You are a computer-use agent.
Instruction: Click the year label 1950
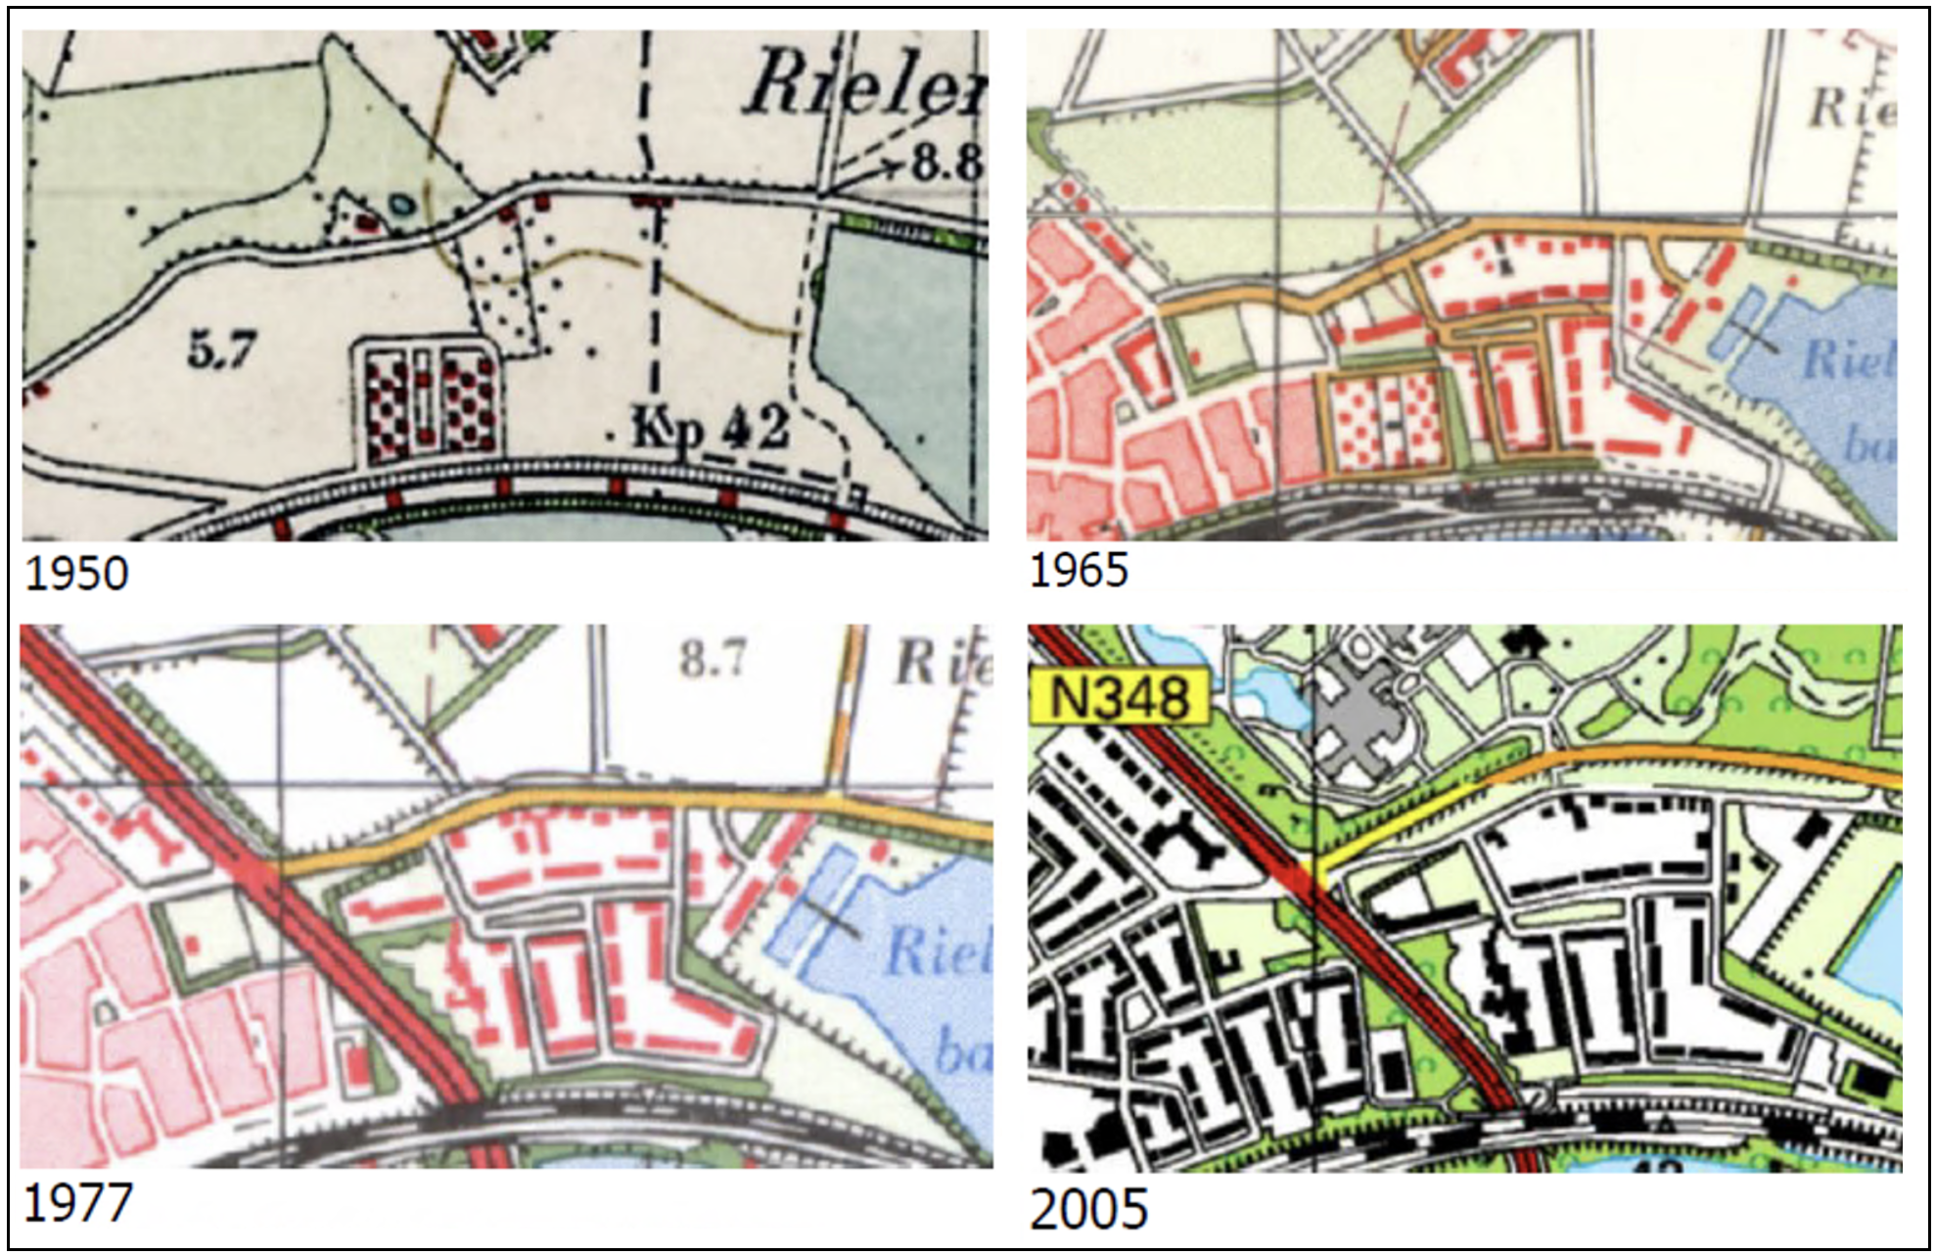pos(76,573)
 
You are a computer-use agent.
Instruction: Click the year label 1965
pos(1079,570)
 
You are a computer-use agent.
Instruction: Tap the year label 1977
pos(76,1202)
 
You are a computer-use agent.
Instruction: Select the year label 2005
pos(1088,1210)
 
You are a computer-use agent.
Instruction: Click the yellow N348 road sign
pos(1120,698)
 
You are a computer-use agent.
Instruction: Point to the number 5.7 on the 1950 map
pos(222,349)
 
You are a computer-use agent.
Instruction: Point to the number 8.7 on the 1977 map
pos(714,658)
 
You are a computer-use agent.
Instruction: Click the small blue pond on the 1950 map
pos(401,205)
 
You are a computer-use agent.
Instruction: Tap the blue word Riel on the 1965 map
pos(1848,359)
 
